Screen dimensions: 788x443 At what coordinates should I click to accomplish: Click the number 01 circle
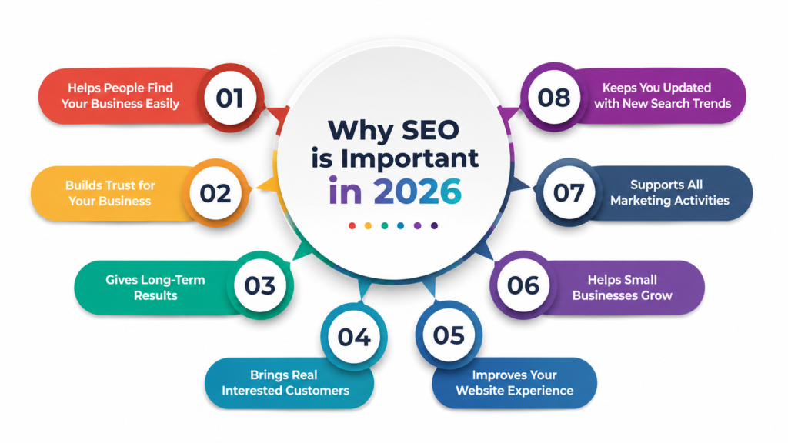click(x=230, y=98)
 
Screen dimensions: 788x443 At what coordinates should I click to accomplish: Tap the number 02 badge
click(x=215, y=193)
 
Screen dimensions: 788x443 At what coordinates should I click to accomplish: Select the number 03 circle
click(x=260, y=285)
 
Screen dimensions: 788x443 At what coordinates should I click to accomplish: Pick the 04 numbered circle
click(x=354, y=337)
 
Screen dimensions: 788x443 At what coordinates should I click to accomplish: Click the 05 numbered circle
click(x=449, y=335)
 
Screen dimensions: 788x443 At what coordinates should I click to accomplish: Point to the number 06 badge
click(x=523, y=285)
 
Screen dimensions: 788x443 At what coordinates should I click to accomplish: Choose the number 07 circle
click(x=569, y=192)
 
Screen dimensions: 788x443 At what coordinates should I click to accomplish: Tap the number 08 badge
click(x=554, y=97)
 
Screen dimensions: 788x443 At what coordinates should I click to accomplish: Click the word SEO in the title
click(x=429, y=130)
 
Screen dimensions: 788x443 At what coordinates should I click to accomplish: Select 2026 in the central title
click(x=417, y=192)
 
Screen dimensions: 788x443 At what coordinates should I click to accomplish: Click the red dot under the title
click(x=352, y=226)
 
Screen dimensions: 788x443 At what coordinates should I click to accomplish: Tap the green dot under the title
click(x=385, y=226)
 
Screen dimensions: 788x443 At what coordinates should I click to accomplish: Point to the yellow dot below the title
click(x=368, y=226)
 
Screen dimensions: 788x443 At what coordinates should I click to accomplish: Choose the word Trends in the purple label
click(x=711, y=104)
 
